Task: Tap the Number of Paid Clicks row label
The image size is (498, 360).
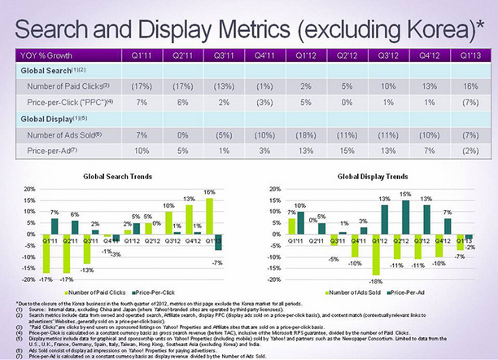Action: click(59, 86)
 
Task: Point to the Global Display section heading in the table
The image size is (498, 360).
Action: click(46, 119)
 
